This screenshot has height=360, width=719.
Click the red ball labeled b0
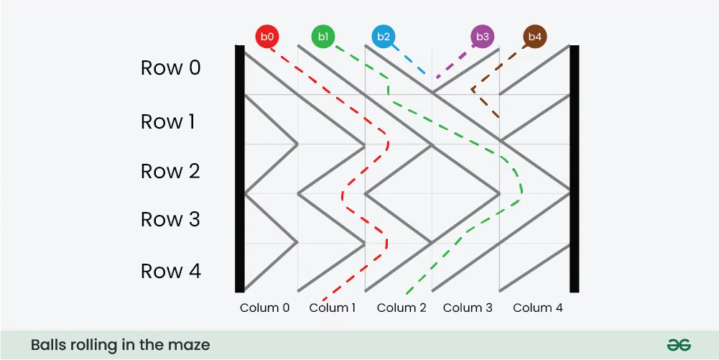pos(267,37)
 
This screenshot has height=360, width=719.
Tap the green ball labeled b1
pos(323,37)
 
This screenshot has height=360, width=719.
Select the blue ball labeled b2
pos(384,37)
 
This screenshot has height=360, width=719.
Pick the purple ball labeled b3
pos(483,37)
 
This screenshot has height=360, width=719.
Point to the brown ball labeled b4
pos(535,37)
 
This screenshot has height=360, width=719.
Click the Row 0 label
pos(170,68)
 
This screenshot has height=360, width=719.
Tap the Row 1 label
pos(168,121)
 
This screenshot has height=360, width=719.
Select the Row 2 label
pos(170,171)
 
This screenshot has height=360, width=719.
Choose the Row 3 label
pos(170,219)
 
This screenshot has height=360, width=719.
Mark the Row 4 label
pos(170,271)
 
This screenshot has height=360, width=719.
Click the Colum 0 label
pos(264,308)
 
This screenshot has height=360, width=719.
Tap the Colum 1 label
pos(333,308)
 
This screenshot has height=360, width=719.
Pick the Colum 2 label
pos(402,308)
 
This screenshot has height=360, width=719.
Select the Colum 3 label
pos(468,308)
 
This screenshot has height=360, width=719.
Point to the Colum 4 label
pos(538,308)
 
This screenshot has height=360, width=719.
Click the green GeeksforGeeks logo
pos(679,345)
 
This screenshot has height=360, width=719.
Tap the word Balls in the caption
pos(47,344)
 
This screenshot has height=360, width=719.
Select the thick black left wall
pos(239,168)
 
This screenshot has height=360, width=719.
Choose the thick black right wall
pos(574,168)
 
